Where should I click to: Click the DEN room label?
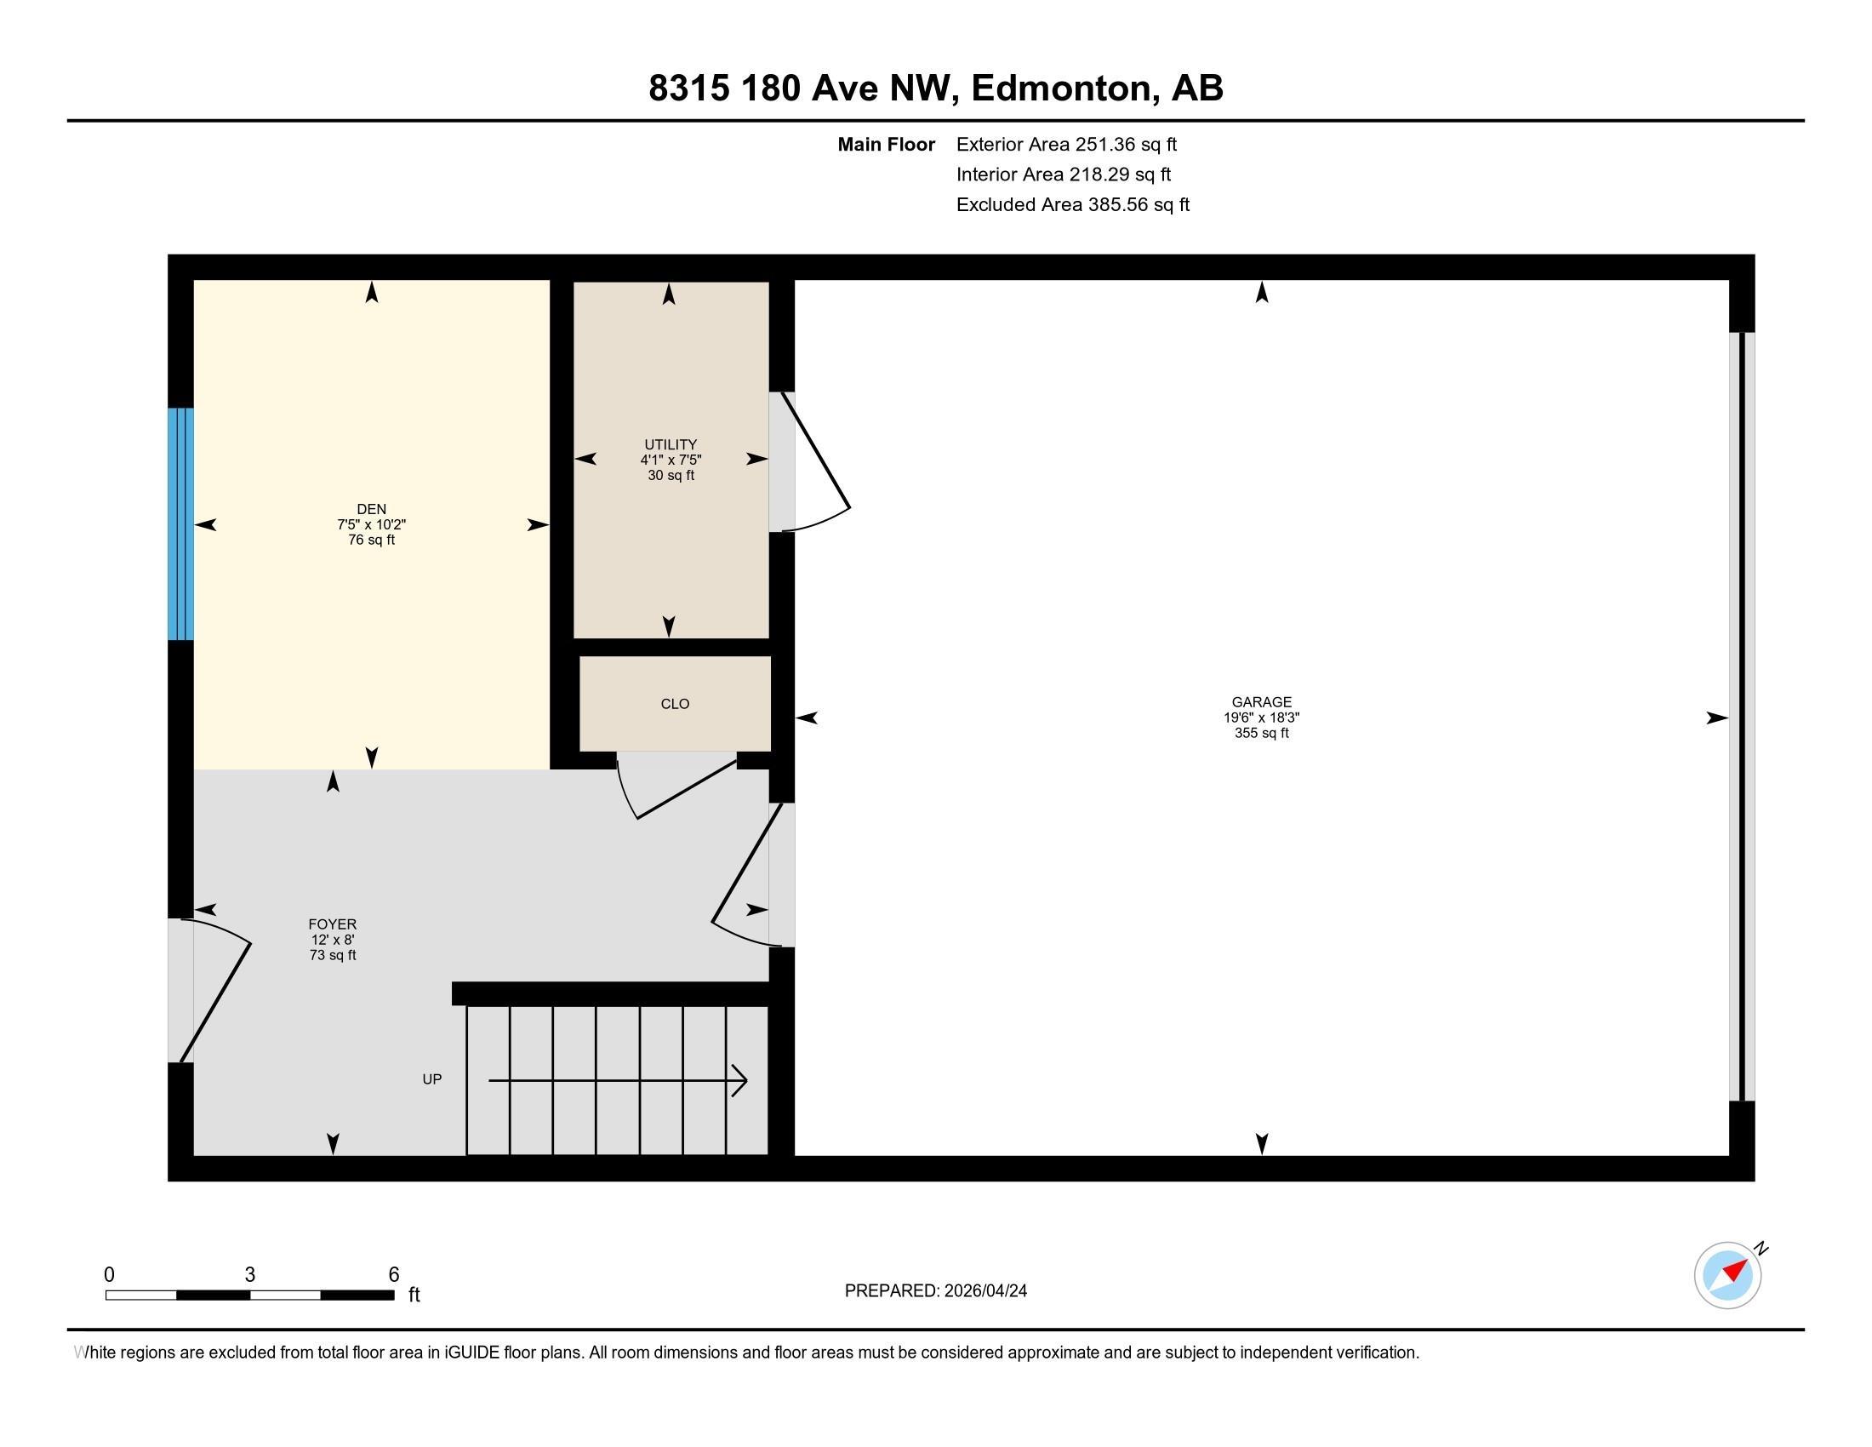click(x=371, y=509)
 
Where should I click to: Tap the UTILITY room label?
click(x=671, y=444)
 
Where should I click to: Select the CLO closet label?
click(x=675, y=704)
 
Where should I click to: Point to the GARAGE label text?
click(x=1261, y=702)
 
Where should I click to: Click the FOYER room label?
click(x=333, y=924)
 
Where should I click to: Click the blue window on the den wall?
click(x=180, y=523)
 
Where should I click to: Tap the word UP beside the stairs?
click(x=432, y=1079)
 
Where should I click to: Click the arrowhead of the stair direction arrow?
click(x=739, y=1080)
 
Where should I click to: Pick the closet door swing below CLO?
click(x=677, y=785)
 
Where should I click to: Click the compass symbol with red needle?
click(x=1727, y=1275)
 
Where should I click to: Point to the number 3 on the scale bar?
click(x=249, y=1275)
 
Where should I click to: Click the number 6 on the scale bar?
click(x=393, y=1275)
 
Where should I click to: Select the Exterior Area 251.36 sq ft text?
click(x=1066, y=144)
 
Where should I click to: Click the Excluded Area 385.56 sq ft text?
click(x=1072, y=204)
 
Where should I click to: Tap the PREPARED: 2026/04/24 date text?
click(x=935, y=1291)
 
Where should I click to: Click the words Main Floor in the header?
click(x=886, y=144)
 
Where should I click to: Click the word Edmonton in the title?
click(x=1061, y=88)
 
